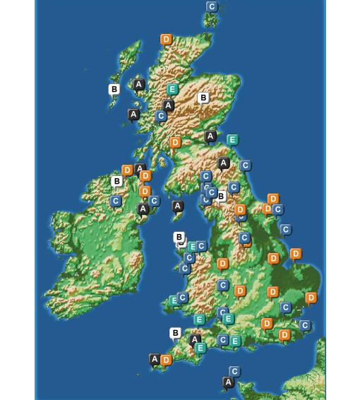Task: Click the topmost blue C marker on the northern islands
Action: pyautogui.click(x=212, y=7)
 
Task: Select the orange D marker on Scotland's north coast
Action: pyautogui.click(x=167, y=40)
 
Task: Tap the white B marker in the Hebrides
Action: pyautogui.click(x=114, y=90)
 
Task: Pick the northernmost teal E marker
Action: pyautogui.click(x=172, y=90)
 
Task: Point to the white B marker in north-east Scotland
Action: pyautogui.click(x=203, y=98)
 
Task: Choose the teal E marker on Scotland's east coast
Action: pyautogui.click(x=232, y=140)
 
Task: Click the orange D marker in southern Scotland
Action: pyautogui.click(x=176, y=143)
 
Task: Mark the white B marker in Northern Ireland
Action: pyautogui.click(x=117, y=182)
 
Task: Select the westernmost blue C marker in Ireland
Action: pyautogui.click(x=116, y=201)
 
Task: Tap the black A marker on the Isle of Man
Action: pyautogui.click(x=178, y=206)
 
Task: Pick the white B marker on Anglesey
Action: pyautogui.click(x=179, y=237)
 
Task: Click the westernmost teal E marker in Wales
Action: pyautogui.click(x=174, y=301)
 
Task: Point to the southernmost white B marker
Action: pyautogui.click(x=175, y=333)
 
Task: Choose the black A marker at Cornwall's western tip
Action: pyautogui.click(x=155, y=360)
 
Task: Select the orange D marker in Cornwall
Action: pyautogui.click(x=166, y=360)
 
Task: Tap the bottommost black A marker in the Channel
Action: pyautogui.click(x=228, y=382)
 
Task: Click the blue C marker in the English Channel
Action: pyautogui.click(x=234, y=371)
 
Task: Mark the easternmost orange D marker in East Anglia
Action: pyautogui.click(x=311, y=298)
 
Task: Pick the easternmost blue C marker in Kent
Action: pyautogui.click(x=305, y=326)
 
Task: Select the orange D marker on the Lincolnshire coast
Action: pyautogui.click(x=296, y=254)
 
